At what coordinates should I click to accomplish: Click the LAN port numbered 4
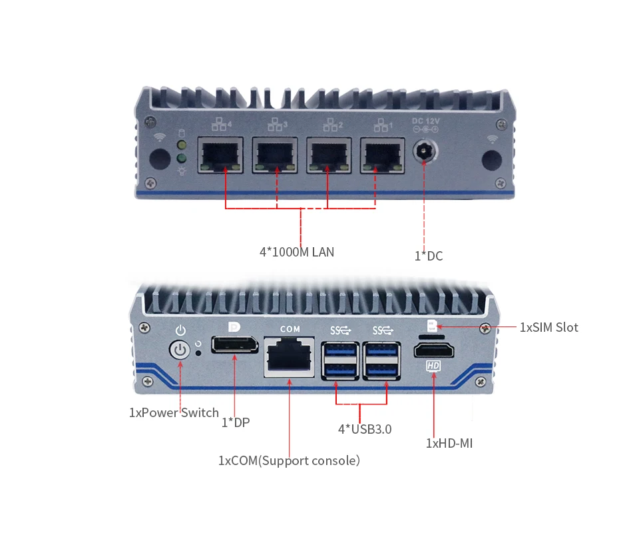(221, 155)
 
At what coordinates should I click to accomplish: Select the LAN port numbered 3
(275, 155)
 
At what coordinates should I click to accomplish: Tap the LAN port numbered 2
(329, 155)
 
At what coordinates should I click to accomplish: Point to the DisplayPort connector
(235, 346)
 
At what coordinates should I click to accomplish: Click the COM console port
(290, 358)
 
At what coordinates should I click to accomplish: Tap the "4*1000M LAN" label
(297, 253)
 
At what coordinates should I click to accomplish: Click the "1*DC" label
(429, 256)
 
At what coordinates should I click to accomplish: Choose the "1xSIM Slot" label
(549, 327)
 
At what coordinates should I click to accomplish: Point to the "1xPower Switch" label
(174, 412)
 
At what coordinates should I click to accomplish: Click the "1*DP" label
(236, 422)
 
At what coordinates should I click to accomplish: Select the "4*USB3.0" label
(365, 429)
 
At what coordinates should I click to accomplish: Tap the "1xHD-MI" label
(449, 442)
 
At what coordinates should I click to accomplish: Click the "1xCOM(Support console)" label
(289, 460)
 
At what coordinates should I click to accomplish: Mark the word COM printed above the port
(290, 329)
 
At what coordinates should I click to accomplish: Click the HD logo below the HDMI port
(433, 366)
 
